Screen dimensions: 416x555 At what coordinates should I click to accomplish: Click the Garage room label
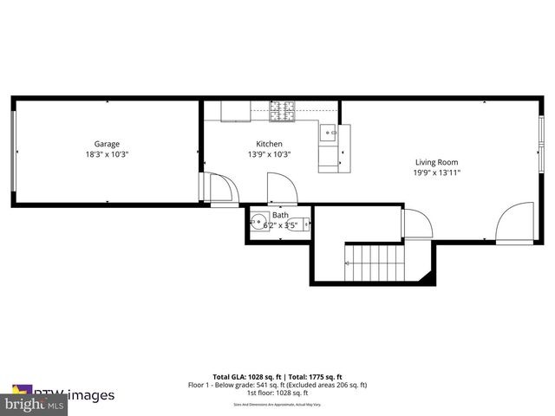click(x=108, y=144)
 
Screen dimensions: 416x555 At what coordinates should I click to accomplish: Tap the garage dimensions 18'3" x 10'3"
click(x=108, y=154)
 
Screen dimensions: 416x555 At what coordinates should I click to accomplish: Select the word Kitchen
click(x=269, y=144)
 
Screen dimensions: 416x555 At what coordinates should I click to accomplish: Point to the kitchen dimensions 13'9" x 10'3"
click(x=269, y=154)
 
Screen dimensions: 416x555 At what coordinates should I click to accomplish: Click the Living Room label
click(x=436, y=162)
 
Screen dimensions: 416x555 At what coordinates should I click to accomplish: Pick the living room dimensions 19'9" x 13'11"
click(x=436, y=172)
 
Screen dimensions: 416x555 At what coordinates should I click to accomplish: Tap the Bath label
click(x=280, y=215)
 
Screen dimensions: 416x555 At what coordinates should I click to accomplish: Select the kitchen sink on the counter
click(x=329, y=134)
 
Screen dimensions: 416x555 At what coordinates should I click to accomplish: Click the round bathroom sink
click(x=258, y=222)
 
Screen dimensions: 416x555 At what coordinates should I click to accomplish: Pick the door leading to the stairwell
click(x=415, y=224)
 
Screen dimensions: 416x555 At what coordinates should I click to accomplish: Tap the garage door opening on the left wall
click(x=13, y=151)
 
